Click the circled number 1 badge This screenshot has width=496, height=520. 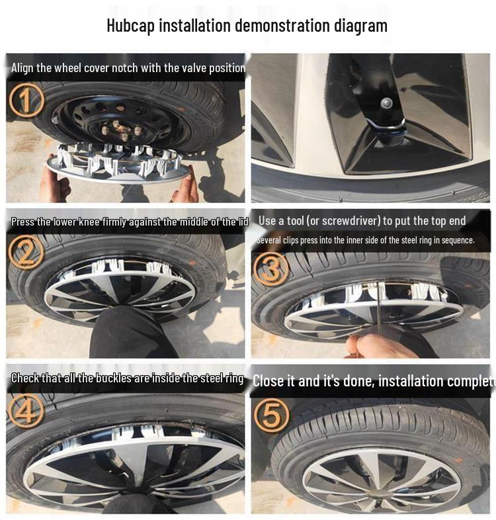[x=26, y=101]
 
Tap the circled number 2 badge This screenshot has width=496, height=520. [x=26, y=252]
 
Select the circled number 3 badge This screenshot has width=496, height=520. [x=272, y=269]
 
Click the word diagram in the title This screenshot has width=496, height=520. [x=360, y=26]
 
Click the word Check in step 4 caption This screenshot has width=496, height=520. [x=27, y=378]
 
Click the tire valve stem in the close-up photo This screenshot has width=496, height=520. [x=386, y=105]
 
